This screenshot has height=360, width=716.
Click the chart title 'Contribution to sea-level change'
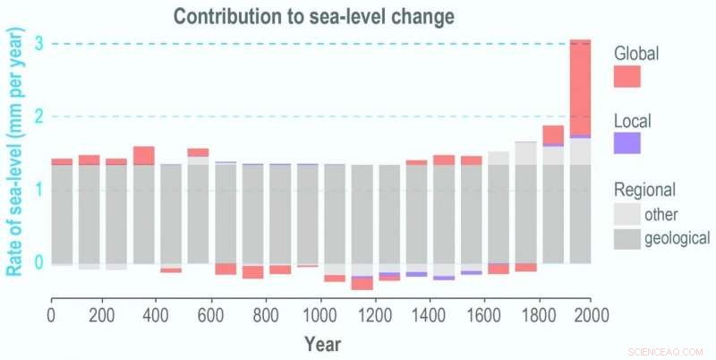tap(315, 16)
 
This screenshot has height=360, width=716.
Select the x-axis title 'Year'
tap(321, 343)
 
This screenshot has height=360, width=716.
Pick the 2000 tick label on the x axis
tap(592, 315)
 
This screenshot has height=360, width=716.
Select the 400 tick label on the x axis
tap(156, 315)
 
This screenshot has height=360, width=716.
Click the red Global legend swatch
tap(626, 77)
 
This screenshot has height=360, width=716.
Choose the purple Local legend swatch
tap(626, 143)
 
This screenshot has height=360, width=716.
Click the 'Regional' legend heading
tap(644, 190)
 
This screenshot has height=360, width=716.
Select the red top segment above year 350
tap(144, 155)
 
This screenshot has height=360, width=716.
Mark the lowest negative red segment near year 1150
tap(362, 284)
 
